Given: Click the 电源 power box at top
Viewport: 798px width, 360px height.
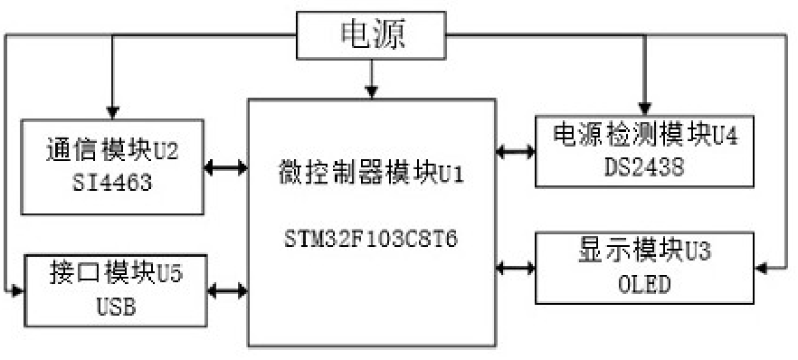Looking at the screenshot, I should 371,34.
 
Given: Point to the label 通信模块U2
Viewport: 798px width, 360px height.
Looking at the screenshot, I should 113,149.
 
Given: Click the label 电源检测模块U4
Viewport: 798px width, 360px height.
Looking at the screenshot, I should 644,135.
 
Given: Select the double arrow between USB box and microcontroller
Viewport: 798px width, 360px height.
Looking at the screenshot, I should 226,291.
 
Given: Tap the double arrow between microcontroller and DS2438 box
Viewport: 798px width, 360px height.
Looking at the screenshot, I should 515,151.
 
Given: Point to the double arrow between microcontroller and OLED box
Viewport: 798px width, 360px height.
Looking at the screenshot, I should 515,267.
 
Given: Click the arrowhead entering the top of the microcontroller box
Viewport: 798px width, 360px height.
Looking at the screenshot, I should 371,90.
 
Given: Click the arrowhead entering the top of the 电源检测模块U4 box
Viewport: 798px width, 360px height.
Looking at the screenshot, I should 644,109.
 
